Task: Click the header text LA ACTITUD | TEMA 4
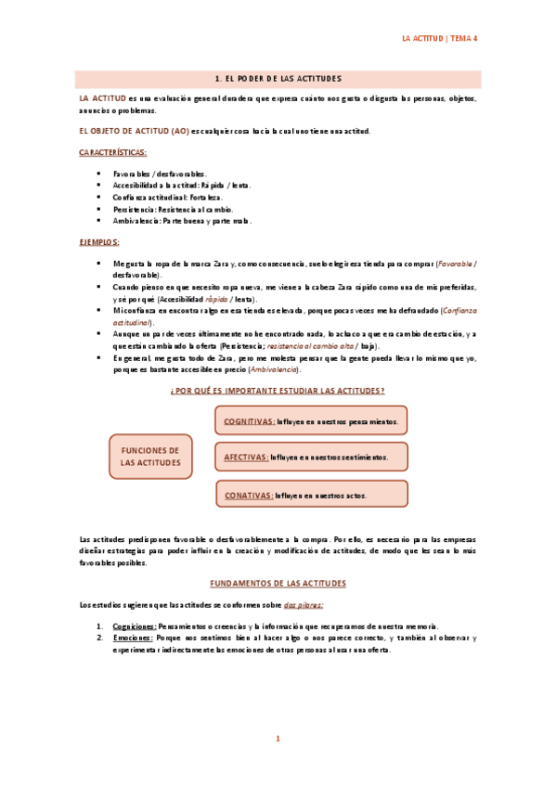point(438,39)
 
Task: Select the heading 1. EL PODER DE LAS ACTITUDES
point(278,79)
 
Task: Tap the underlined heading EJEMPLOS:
point(98,241)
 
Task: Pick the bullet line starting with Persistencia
point(173,209)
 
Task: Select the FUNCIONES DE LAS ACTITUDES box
point(150,456)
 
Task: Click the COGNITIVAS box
point(312,420)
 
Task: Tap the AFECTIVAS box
point(312,457)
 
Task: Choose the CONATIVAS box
point(312,494)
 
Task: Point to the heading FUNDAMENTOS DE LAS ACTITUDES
point(278,583)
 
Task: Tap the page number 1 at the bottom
point(278,739)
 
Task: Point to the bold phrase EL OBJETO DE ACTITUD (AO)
point(134,131)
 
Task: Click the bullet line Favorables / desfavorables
point(160,174)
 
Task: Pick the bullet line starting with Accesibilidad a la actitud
point(182,185)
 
